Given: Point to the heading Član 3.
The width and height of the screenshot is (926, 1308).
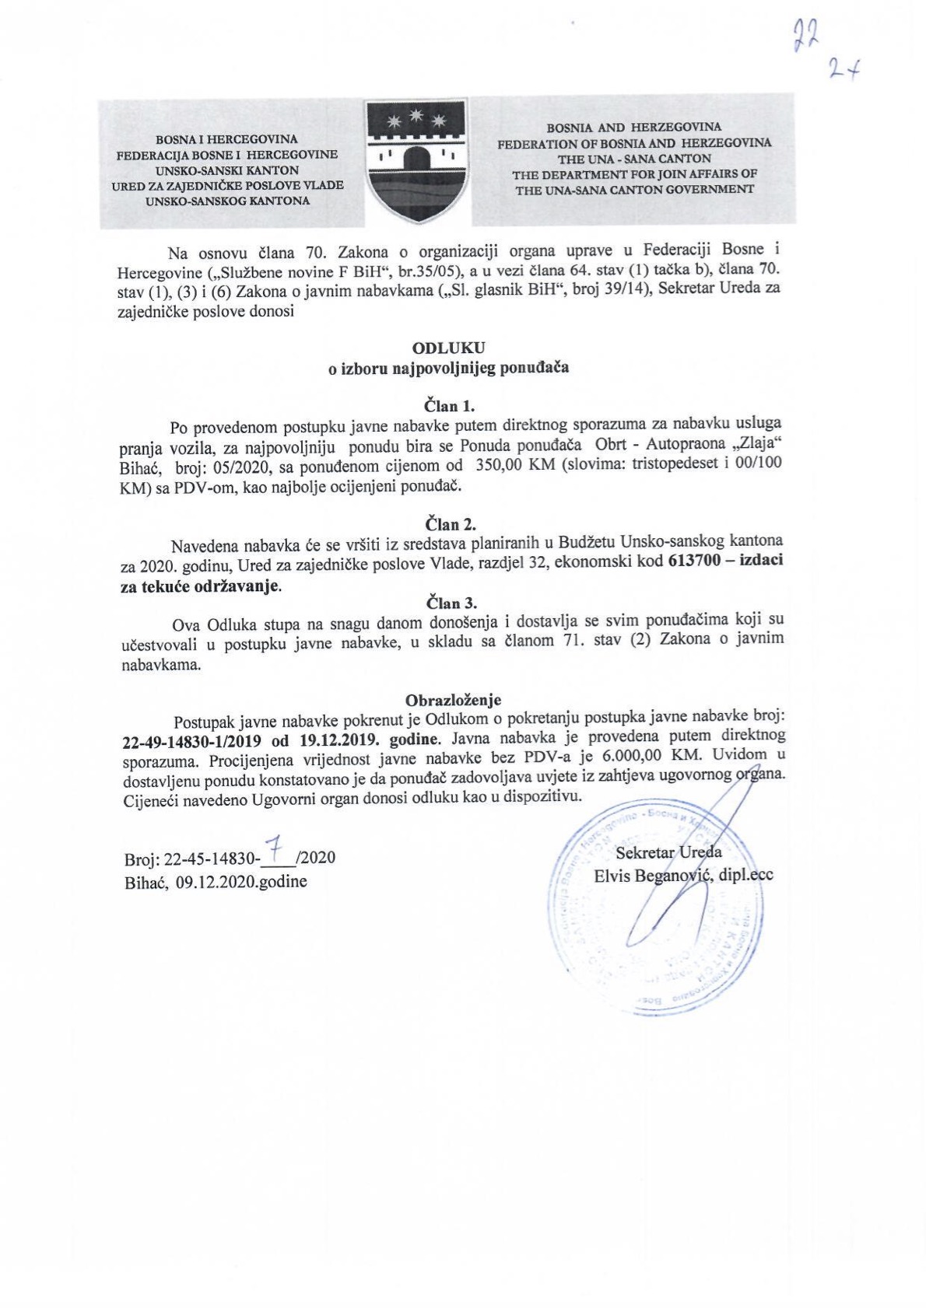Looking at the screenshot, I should click(452, 603).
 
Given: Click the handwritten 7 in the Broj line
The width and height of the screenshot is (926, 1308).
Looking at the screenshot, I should click(272, 851).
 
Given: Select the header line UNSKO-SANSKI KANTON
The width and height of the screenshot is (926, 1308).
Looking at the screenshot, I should click(226, 170).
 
